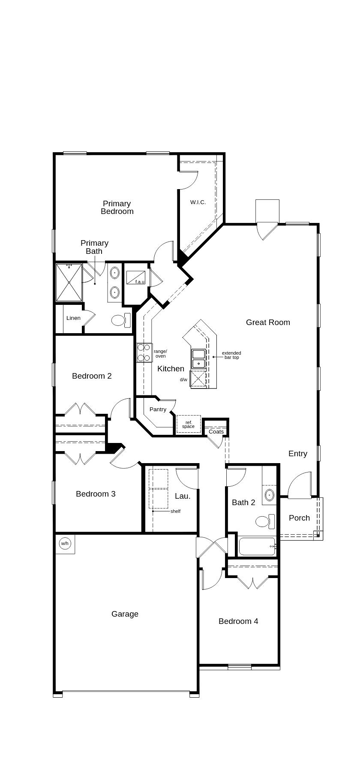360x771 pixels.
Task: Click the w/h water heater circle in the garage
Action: [65, 544]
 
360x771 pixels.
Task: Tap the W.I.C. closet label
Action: [198, 202]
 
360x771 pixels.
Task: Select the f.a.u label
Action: [140, 282]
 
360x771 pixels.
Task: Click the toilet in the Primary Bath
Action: [120, 319]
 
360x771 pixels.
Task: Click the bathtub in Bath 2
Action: [256, 546]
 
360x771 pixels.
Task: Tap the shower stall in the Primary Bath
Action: [69, 283]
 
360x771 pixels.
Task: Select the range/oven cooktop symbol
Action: [144, 352]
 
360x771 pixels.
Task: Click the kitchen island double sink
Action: [198, 359]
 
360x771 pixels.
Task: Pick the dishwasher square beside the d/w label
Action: [198, 379]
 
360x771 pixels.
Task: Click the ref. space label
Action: [188, 424]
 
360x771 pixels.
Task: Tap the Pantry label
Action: [158, 410]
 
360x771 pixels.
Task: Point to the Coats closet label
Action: [216, 432]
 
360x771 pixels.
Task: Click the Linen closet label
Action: [73, 318]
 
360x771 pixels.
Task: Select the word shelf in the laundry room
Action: [175, 511]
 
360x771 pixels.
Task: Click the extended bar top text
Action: [231, 355]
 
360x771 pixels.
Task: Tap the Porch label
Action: [299, 518]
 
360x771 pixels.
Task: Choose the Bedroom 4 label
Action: [238, 621]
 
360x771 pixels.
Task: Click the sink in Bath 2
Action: [270, 495]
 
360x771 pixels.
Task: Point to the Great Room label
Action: [268, 322]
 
